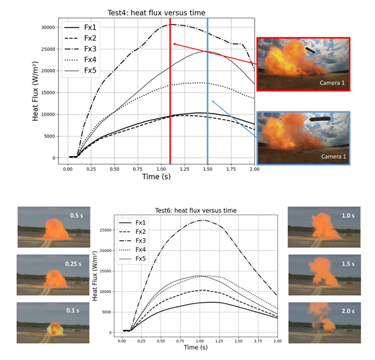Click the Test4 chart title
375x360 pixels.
[x=156, y=13]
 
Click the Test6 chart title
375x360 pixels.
[x=196, y=210]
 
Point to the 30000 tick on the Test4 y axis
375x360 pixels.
[x=48, y=27]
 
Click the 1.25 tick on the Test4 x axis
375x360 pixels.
[x=184, y=169]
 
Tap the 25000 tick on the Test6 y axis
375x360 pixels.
[x=105, y=230]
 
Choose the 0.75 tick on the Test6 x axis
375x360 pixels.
[x=180, y=341]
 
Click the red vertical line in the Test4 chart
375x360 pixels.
[x=170, y=91]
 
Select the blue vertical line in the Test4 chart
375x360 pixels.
[x=207, y=91]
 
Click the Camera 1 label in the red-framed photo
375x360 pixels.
[x=332, y=83]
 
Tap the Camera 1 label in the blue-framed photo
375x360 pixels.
[x=333, y=156]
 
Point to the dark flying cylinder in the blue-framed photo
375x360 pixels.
[x=320, y=119]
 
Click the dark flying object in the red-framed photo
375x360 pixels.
[x=310, y=50]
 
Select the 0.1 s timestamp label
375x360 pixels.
[x=72, y=310]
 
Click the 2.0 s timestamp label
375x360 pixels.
[x=348, y=311]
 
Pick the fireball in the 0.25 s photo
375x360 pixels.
[x=56, y=279]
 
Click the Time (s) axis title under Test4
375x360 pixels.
[x=156, y=177]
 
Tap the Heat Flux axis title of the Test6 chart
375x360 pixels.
[x=94, y=276]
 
